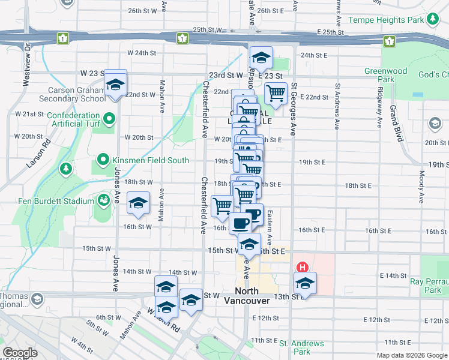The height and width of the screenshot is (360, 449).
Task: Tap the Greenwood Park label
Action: pos(385,75)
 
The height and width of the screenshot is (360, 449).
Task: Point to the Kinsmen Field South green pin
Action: pos(103,160)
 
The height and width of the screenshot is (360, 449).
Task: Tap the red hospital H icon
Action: pos(303,267)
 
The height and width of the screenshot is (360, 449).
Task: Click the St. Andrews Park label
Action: pos(301,347)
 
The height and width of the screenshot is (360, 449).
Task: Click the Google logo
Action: pos(20,353)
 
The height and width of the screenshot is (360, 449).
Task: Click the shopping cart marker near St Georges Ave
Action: pos(276,92)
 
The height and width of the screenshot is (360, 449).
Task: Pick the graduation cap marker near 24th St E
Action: pos(261,58)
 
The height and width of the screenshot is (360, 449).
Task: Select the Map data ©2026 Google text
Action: pos(411,355)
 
